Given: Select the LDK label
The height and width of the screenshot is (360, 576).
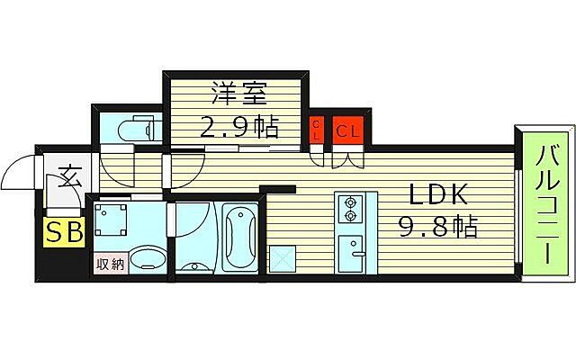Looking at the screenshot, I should (438, 195).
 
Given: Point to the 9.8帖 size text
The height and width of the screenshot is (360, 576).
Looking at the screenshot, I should (438, 227).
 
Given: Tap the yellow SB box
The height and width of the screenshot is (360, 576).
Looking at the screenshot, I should (65, 232).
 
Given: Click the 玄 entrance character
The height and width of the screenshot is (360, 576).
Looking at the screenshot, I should (67, 175).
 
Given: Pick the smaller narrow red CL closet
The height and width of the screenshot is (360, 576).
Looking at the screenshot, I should (317, 130).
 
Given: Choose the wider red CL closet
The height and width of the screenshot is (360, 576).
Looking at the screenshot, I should (347, 130).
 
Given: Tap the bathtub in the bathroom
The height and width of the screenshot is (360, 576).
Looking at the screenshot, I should (239, 236).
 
